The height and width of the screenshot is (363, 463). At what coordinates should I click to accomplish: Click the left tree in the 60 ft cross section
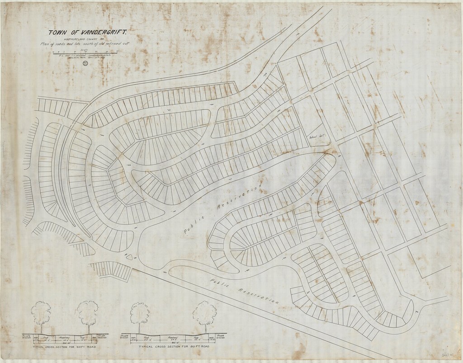click(42, 313)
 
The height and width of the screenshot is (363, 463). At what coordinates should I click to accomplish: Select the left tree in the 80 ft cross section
click(140, 313)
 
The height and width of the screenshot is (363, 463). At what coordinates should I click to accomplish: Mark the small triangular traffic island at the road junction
click(130, 257)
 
